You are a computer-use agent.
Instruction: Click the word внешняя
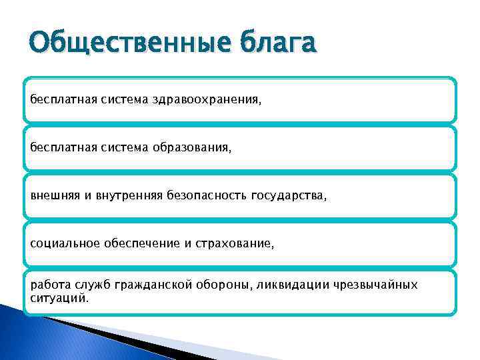point(53,196)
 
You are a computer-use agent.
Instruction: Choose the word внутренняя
point(139,196)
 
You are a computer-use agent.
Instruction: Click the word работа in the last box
point(48,285)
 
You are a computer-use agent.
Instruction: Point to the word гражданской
point(153,285)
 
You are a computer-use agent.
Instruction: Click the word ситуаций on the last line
point(58,298)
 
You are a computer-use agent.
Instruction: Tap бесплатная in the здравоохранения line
point(61,100)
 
